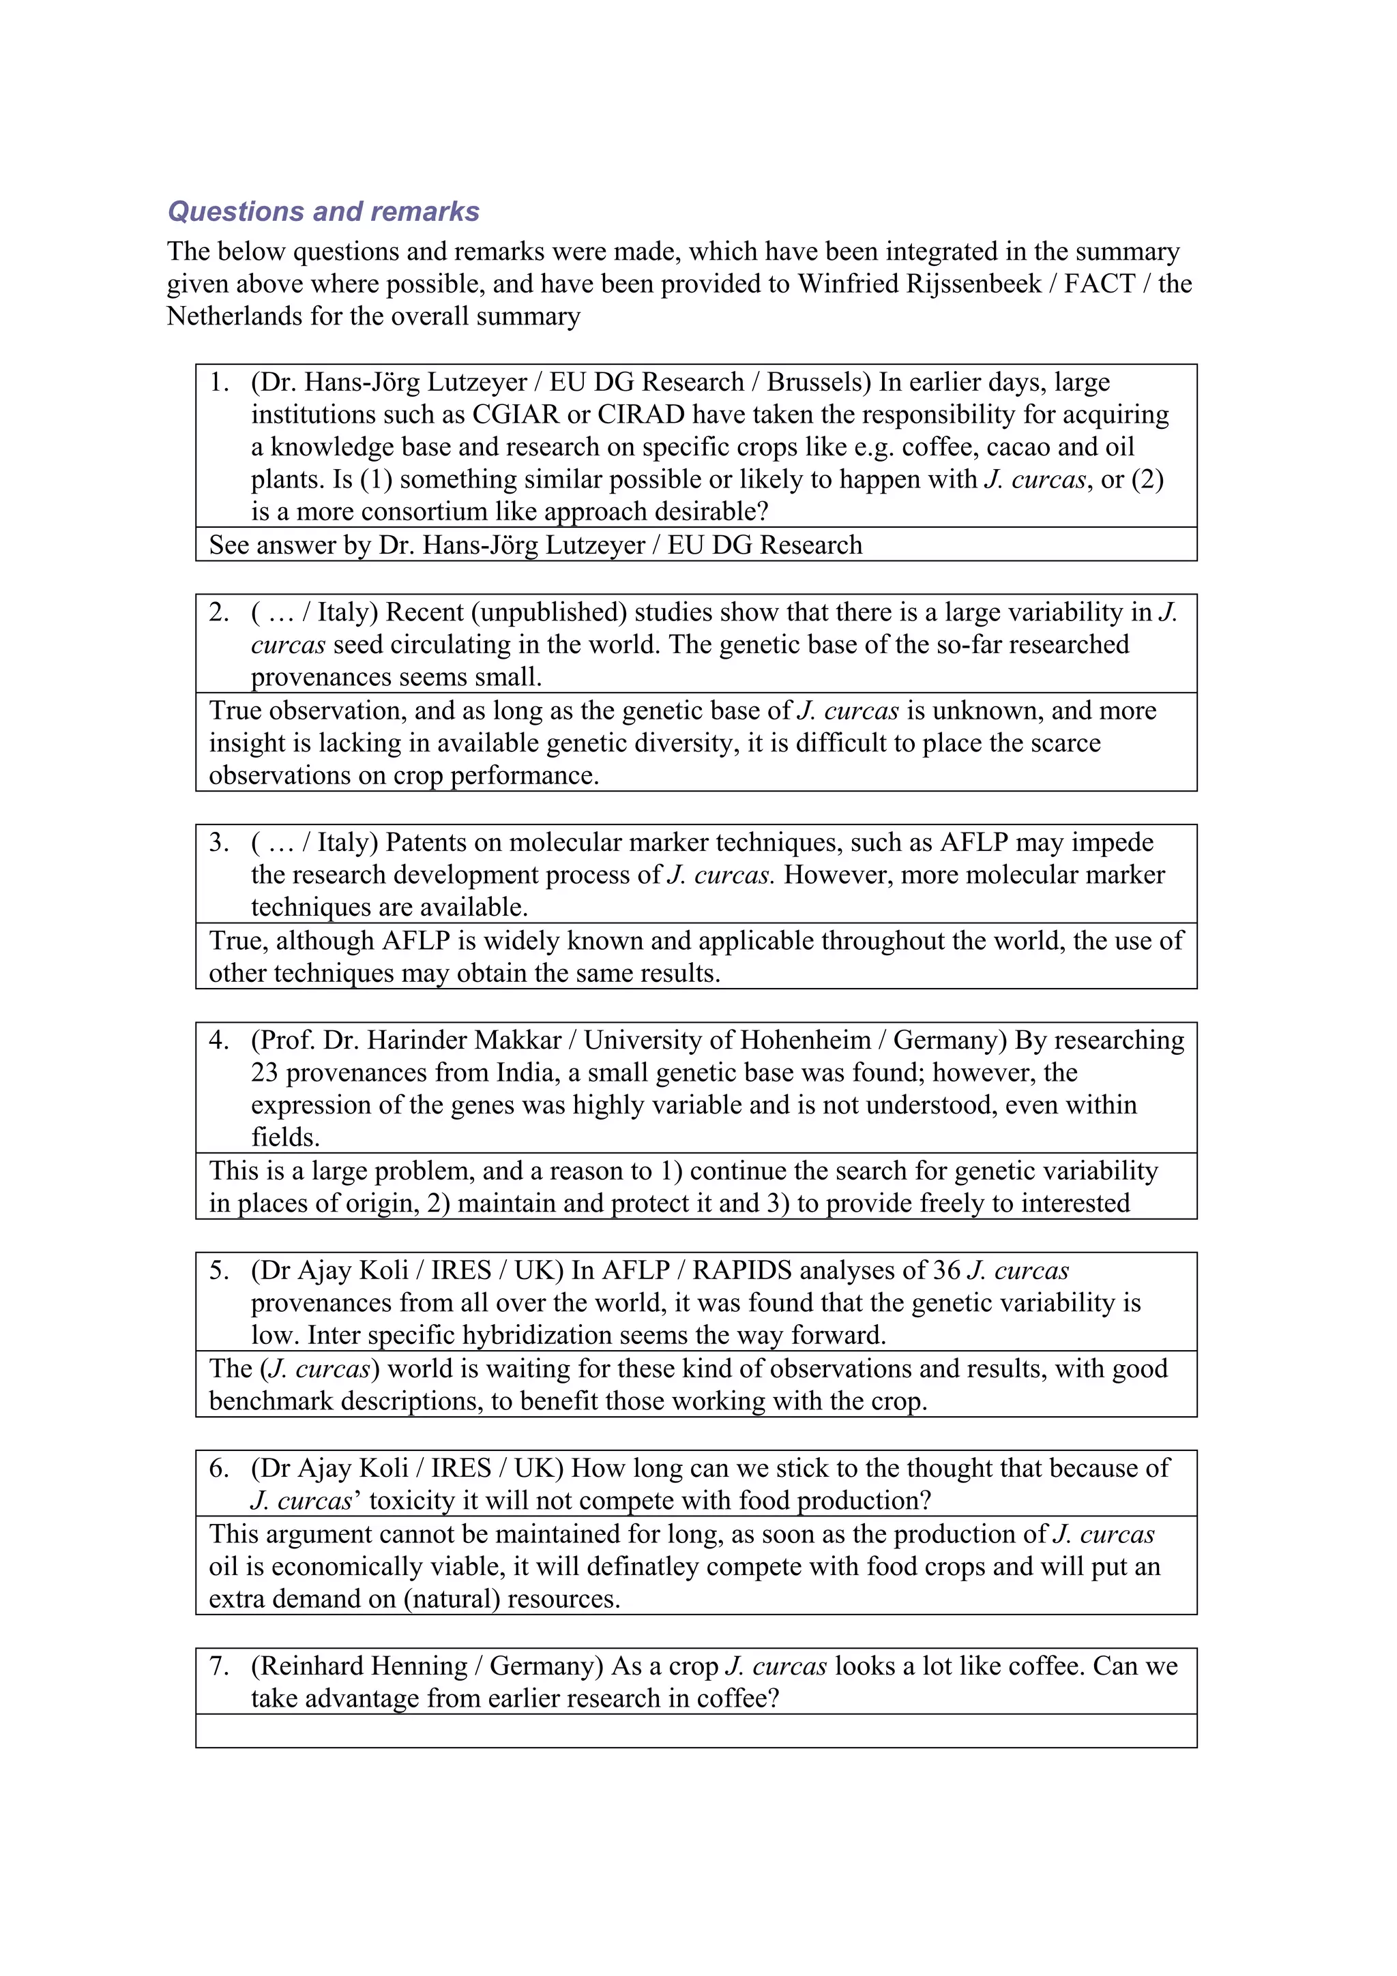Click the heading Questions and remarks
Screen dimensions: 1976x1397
(323, 211)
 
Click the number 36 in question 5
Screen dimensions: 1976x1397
(946, 1271)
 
